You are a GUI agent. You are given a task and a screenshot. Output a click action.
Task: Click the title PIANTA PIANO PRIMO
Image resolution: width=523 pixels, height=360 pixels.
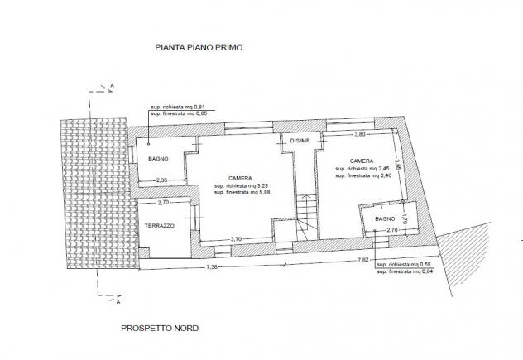(x=199, y=47)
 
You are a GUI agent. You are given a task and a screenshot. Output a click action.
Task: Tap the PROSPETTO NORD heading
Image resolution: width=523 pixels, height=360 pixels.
(x=160, y=329)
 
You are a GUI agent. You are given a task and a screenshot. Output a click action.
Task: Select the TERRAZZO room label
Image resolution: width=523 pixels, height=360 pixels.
(x=160, y=226)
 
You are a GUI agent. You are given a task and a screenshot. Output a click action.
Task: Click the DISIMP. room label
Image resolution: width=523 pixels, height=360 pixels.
(x=300, y=141)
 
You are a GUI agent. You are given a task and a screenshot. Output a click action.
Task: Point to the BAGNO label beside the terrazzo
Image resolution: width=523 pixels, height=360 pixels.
(x=158, y=159)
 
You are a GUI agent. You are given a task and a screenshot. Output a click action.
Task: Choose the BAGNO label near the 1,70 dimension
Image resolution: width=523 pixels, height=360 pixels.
(x=385, y=219)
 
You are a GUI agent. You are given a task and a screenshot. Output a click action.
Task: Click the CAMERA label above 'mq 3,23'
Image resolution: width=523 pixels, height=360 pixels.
(x=240, y=179)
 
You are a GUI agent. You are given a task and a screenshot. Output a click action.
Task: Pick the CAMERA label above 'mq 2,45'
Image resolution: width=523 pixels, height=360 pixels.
(x=362, y=161)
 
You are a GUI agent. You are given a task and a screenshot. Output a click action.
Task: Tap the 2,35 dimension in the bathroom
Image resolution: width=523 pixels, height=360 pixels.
(x=162, y=180)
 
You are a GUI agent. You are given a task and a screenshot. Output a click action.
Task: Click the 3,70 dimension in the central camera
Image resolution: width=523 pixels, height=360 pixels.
(x=236, y=239)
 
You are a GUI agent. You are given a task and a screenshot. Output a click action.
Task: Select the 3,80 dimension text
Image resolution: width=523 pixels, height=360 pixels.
(x=359, y=134)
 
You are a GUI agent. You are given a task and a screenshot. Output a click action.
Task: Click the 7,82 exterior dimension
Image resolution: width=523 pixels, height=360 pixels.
(x=363, y=260)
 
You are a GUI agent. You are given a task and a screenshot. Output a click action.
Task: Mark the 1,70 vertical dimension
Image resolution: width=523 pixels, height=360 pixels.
(x=405, y=218)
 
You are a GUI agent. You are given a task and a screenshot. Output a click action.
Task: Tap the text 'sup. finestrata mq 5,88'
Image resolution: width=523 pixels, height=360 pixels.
(x=242, y=193)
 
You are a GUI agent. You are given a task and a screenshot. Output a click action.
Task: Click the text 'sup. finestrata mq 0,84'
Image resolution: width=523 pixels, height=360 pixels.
(x=405, y=271)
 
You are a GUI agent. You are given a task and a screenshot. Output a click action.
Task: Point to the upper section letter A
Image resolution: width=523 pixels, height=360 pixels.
(x=113, y=86)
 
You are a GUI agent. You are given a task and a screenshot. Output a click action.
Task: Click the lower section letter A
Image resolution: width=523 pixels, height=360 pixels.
(x=118, y=302)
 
